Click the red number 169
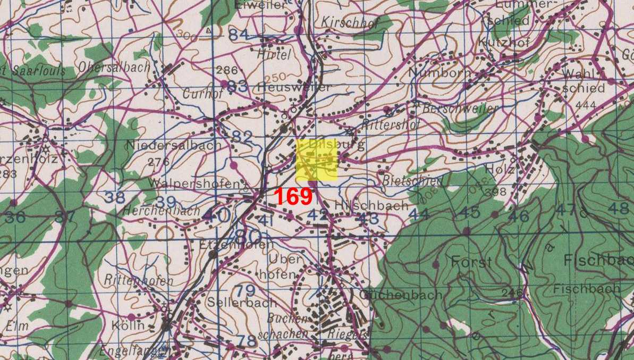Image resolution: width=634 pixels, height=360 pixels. click(x=293, y=197)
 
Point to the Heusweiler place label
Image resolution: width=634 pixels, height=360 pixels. click(x=293, y=87)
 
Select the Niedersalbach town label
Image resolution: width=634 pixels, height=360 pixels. click(x=173, y=145)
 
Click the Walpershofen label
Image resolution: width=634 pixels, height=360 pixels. click(x=194, y=183)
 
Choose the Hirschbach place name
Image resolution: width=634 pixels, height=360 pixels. click(x=372, y=205)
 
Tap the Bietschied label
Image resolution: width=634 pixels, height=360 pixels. click(x=404, y=180)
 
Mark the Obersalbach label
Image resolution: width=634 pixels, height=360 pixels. click(x=114, y=68)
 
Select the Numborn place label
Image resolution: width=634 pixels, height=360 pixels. click(x=440, y=72)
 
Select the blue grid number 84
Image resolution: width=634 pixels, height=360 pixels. click(x=238, y=35)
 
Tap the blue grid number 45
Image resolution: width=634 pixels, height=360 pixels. click(x=469, y=212)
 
